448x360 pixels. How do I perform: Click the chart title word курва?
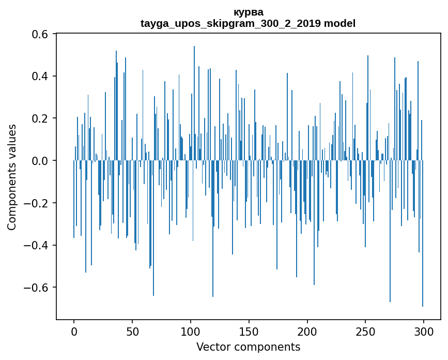pos(248,12)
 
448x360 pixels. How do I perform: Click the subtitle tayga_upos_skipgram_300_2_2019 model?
pos(248,23)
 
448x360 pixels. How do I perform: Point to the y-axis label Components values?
pos(12,177)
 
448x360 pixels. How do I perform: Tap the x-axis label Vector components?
pos(248,347)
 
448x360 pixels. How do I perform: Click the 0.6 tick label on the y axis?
pos(40,34)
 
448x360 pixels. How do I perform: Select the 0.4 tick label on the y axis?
pos(40,77)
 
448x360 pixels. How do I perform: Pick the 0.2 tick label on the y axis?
pos(40,118)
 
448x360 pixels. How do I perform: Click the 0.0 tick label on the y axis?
pos(40,161)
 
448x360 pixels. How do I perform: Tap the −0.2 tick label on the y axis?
pos(37,203)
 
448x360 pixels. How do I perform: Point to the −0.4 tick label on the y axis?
pos(37,245)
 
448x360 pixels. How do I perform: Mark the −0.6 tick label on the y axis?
pos(37,288)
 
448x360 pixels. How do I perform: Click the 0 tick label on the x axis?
pos(74,331)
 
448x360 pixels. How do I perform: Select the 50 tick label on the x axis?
pos(132,331)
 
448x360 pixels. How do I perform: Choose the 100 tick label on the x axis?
pos(191,331)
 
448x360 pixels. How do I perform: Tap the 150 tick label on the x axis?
pos(249,331)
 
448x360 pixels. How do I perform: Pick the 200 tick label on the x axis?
pos(307,331)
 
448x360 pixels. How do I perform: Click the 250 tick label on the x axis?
pos(365,331)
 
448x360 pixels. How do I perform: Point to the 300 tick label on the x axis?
pos(424,331)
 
